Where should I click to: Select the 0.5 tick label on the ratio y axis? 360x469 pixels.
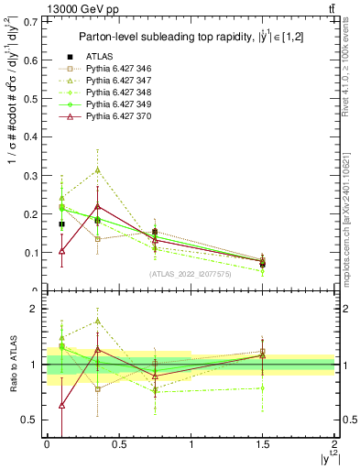pyautogui.click(x=34, y=420)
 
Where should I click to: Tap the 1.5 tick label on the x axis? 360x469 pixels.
pyautogui.click(x=263, y=445)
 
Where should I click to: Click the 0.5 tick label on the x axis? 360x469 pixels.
pyautogui.click(x=119, y=445)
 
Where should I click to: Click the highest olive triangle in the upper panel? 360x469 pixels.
pyautogui.click(x=98, y=169)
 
